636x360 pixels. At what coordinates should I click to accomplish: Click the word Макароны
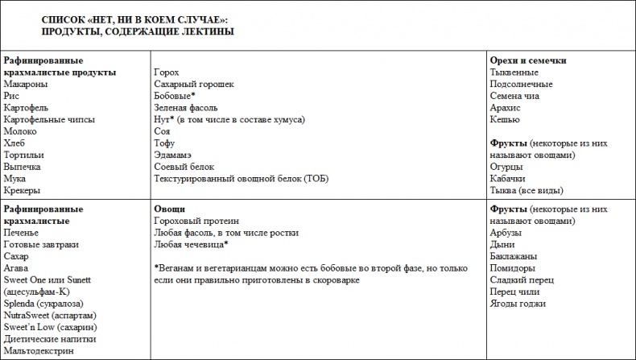click(x=25, y=84)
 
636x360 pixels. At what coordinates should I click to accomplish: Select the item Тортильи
click(x=24, y=155)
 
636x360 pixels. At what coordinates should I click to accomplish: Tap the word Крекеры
click(x=23, y=191)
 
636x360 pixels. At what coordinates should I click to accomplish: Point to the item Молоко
click(x=20, y=131)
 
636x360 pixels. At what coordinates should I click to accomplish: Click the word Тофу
click(x=165, y=143)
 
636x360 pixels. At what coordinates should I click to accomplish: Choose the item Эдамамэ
click(x=175, y=155)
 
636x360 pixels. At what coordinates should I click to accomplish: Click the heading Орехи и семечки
click(x=527, y=60)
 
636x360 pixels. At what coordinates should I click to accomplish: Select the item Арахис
click(x=506, y=107)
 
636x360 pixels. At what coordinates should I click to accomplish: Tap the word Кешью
click(x=504, y=119)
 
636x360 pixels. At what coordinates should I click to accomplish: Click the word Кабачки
click(x=508, y=179)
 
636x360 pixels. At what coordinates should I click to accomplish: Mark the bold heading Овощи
click(x=169, y=209)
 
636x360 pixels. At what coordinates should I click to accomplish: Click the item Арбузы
click(x=506, y=233)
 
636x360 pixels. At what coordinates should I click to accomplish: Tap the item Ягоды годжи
click(x=518, y=304)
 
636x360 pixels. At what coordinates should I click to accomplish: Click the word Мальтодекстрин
click(x=39, y=351)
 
